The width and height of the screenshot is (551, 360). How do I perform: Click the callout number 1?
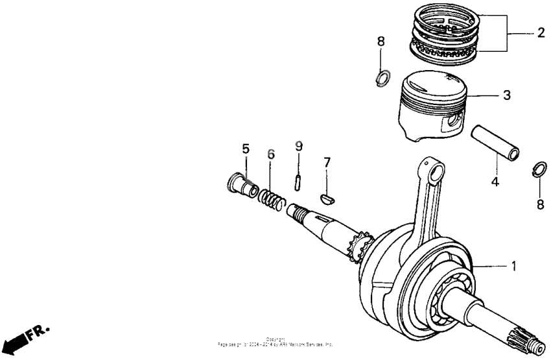(x=514, y=266)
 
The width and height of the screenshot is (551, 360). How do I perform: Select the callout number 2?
(x=540, y=32)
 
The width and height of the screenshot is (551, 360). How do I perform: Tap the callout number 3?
(x=506, y=95)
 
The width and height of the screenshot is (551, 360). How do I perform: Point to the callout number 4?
(x=495, y=182)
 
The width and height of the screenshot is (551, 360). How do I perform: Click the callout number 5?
(x=246, y=149)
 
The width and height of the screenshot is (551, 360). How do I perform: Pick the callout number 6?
(x=271, y=154)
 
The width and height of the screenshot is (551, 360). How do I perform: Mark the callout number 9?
(x=298, y=147)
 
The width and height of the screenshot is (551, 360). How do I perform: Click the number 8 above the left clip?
(x=381, y=42)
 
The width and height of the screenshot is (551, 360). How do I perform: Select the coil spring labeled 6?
(x=271, y=198)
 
